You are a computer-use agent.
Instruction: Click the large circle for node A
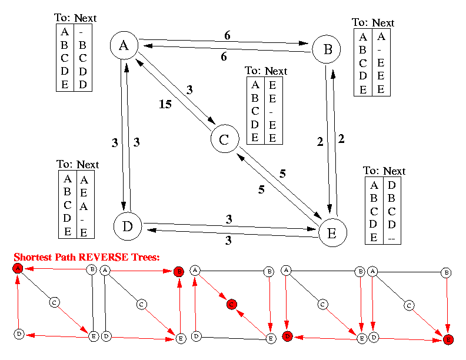coord(124,45)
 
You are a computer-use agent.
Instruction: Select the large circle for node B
coord(327,49)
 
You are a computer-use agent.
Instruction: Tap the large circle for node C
coord(225,139)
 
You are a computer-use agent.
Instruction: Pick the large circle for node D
coord(128,226)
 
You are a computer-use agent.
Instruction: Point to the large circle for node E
coord(333,232)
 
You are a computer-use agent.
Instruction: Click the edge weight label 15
coord(165,104)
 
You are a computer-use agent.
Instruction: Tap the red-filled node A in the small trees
coord(18,268)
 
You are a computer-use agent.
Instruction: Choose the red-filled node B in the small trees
coord(179,272)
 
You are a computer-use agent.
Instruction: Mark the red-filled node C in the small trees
coord(231,305)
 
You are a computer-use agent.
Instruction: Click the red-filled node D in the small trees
coord(287,336)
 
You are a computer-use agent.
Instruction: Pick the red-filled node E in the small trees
coord(448,339)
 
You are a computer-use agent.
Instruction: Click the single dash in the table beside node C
coord(271,112)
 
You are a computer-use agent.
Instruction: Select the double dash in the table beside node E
coord(391,238)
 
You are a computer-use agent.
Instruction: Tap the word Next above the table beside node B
coord(383,23)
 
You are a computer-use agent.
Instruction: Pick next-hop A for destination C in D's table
coord(84,206)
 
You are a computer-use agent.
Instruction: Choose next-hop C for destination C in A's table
coord(82,58)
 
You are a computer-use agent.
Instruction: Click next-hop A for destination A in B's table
coord(381,36)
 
